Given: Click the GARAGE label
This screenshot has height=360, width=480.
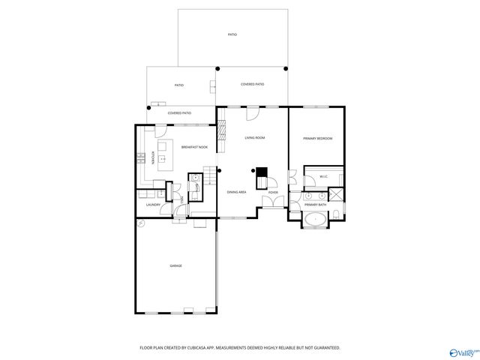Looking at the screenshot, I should [175, 265].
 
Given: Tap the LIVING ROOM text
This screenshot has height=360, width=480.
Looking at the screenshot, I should [255, 138].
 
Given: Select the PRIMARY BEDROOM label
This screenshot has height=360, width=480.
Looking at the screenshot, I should [317, 139].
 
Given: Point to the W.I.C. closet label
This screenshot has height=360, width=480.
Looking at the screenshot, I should [323, 177].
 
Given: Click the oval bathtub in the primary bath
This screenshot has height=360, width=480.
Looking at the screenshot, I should [316, 220].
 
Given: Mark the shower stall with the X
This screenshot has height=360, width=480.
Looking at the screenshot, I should [337, 195].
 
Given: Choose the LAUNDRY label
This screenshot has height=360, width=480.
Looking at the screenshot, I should [153, 204].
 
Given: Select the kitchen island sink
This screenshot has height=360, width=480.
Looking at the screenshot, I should [161, 159].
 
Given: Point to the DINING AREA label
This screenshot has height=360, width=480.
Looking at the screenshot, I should [237, 193].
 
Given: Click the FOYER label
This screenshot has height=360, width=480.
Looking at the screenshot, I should [273, 193].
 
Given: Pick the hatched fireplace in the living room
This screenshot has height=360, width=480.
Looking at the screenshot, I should [221, 132].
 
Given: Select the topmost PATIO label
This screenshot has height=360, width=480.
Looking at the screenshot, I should [232, 35].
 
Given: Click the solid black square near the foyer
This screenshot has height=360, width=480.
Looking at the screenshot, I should [262, 172].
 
